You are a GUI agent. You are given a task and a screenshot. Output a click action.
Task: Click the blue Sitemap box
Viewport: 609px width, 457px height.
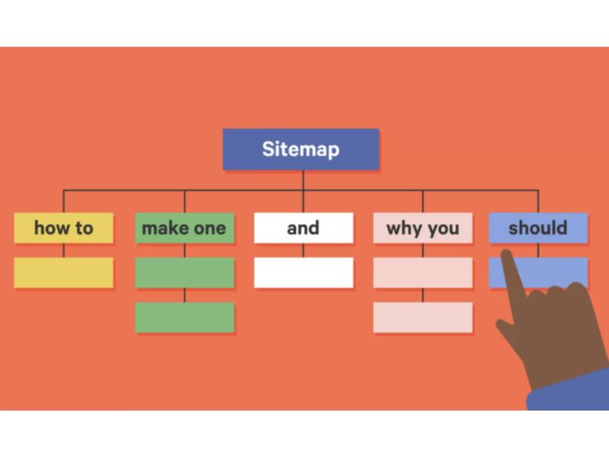301,149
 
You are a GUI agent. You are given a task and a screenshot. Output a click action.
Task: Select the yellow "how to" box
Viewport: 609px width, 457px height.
64,228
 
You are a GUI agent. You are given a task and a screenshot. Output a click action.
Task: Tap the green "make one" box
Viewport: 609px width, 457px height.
184,228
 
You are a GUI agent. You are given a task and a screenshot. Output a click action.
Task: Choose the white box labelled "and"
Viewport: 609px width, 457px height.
303,228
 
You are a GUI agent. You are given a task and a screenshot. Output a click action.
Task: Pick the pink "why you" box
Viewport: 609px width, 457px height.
422,228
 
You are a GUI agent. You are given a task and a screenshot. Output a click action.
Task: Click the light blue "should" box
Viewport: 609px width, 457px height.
537,228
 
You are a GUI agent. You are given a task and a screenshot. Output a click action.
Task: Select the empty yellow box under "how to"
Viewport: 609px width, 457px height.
64,273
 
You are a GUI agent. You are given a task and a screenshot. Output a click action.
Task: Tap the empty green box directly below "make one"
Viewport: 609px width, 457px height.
184,273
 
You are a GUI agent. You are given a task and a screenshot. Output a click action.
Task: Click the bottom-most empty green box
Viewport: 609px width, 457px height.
184,318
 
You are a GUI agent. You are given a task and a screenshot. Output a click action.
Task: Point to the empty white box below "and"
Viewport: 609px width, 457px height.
303,273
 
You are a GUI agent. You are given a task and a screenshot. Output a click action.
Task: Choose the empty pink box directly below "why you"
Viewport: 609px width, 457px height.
422,273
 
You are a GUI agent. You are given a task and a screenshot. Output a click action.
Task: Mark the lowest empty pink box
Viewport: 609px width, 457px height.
422,318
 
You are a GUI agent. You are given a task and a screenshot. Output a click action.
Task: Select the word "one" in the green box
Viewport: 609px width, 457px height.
209,228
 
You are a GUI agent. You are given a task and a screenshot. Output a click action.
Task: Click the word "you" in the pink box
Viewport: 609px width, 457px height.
442,228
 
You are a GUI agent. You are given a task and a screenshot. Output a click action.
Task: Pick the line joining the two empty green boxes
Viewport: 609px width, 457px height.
184,296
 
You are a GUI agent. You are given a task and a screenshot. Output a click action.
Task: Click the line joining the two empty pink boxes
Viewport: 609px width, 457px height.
422,296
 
